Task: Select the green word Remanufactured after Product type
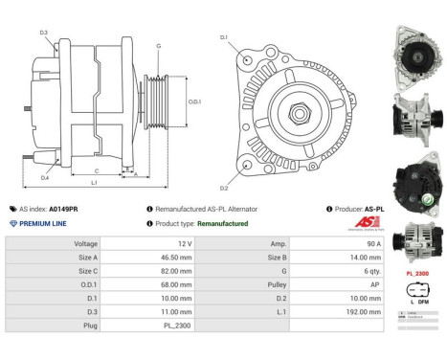tap(216, 223)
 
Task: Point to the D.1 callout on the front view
tap(224, 37)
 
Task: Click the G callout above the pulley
tap(158, 45)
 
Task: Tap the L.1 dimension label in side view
tap(94, 181)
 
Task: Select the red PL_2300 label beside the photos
tap(417, 274)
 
